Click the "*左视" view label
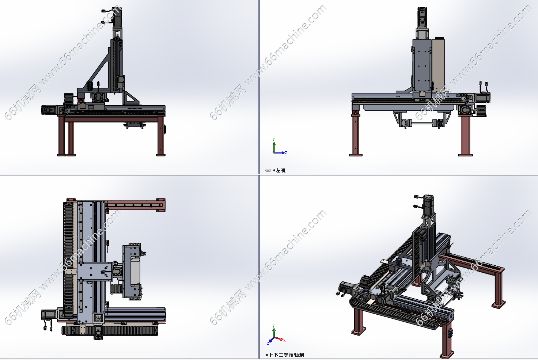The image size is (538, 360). coord(279,171)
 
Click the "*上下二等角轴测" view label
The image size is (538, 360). coord(285,355)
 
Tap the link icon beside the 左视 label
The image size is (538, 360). coord(268,171)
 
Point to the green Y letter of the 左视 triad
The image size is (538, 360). coord(273,140)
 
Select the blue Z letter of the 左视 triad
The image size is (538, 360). coord(286,153)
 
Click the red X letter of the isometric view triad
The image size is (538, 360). coord(284,340)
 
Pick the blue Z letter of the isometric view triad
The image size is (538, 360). coord(268,343)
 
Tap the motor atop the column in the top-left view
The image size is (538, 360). coord(117,17)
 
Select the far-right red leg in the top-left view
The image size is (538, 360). coord(161,136)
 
